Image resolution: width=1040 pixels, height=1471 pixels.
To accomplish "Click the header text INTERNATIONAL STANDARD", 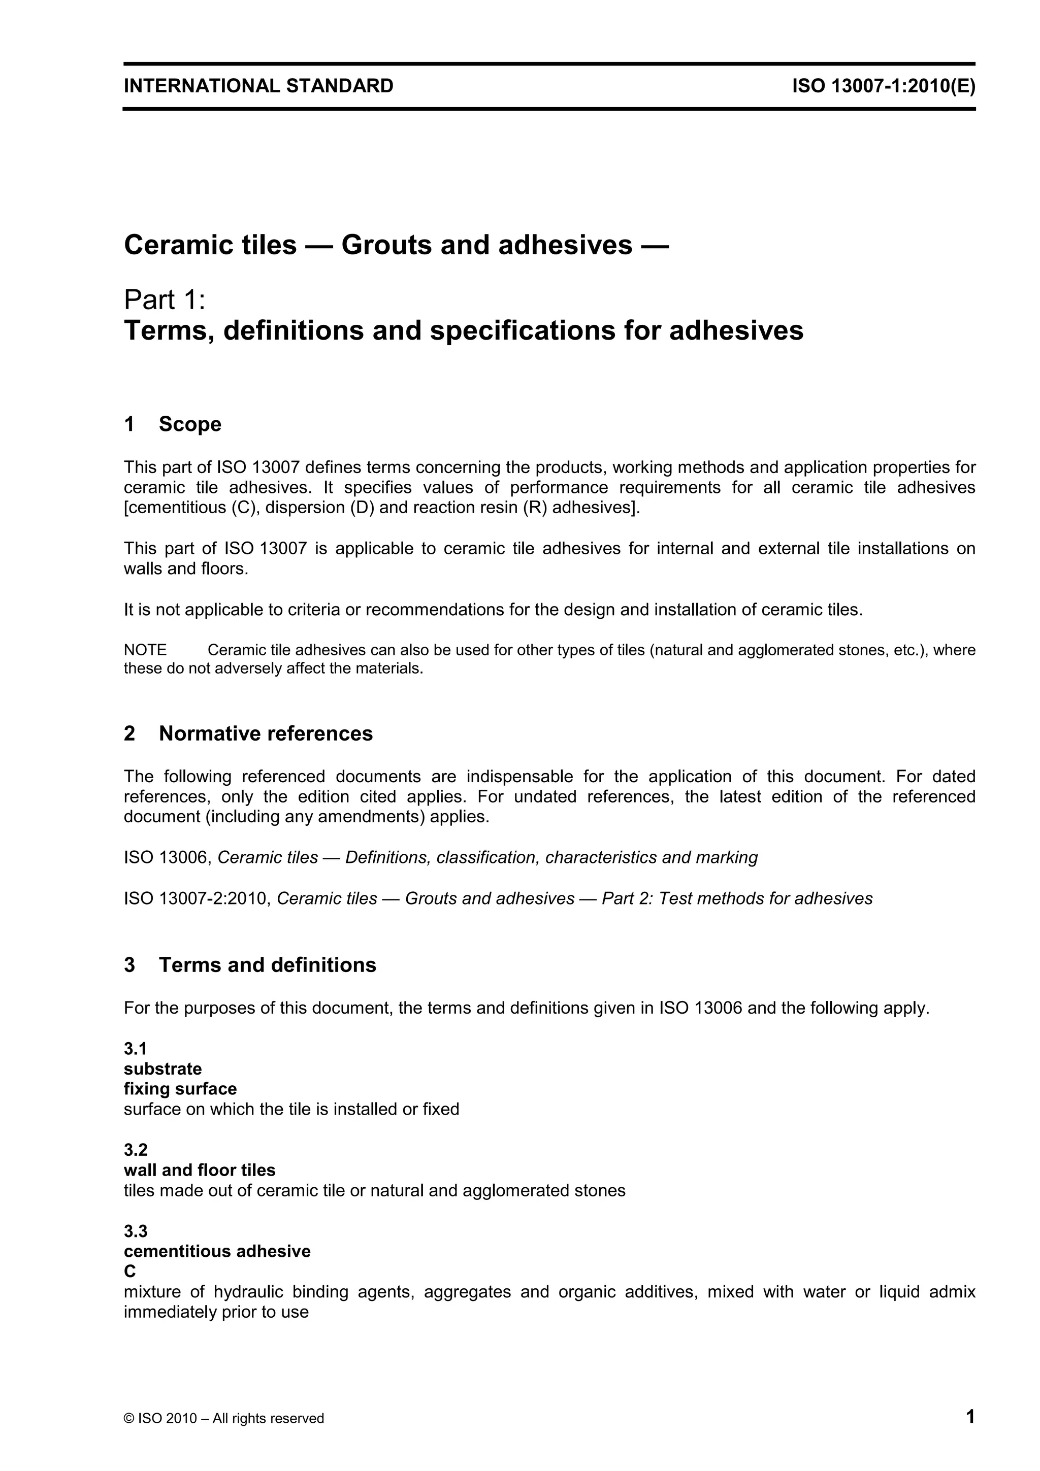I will tap(258, 86).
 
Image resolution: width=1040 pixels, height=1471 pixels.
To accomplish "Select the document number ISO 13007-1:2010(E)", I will tap(884, 86).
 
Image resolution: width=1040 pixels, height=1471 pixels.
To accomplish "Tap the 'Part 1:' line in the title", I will tap(165, 299).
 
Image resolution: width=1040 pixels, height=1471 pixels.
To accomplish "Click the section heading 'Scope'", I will tap(190, 424).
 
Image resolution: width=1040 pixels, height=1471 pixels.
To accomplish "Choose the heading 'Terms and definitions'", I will tap(267, 965).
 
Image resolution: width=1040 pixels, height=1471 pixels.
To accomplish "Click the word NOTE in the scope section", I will tap(145, 650).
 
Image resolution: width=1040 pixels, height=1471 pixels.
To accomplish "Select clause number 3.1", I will tap(135, 1049).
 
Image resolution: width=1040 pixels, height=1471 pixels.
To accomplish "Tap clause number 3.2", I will tap(135, 1150).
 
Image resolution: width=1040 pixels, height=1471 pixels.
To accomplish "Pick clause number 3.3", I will tap(135, 1231).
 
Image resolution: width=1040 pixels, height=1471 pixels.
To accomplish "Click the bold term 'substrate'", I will tap(163, 1068).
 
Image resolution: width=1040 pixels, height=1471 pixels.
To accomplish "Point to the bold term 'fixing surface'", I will tap(180, 1089).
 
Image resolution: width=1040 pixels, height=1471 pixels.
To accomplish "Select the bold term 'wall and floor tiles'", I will tap(199, 1171).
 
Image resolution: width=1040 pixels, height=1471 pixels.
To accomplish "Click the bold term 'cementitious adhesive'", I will tap(217, 1251).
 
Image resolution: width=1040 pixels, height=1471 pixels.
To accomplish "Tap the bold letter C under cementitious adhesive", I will tap(129, 1271).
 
